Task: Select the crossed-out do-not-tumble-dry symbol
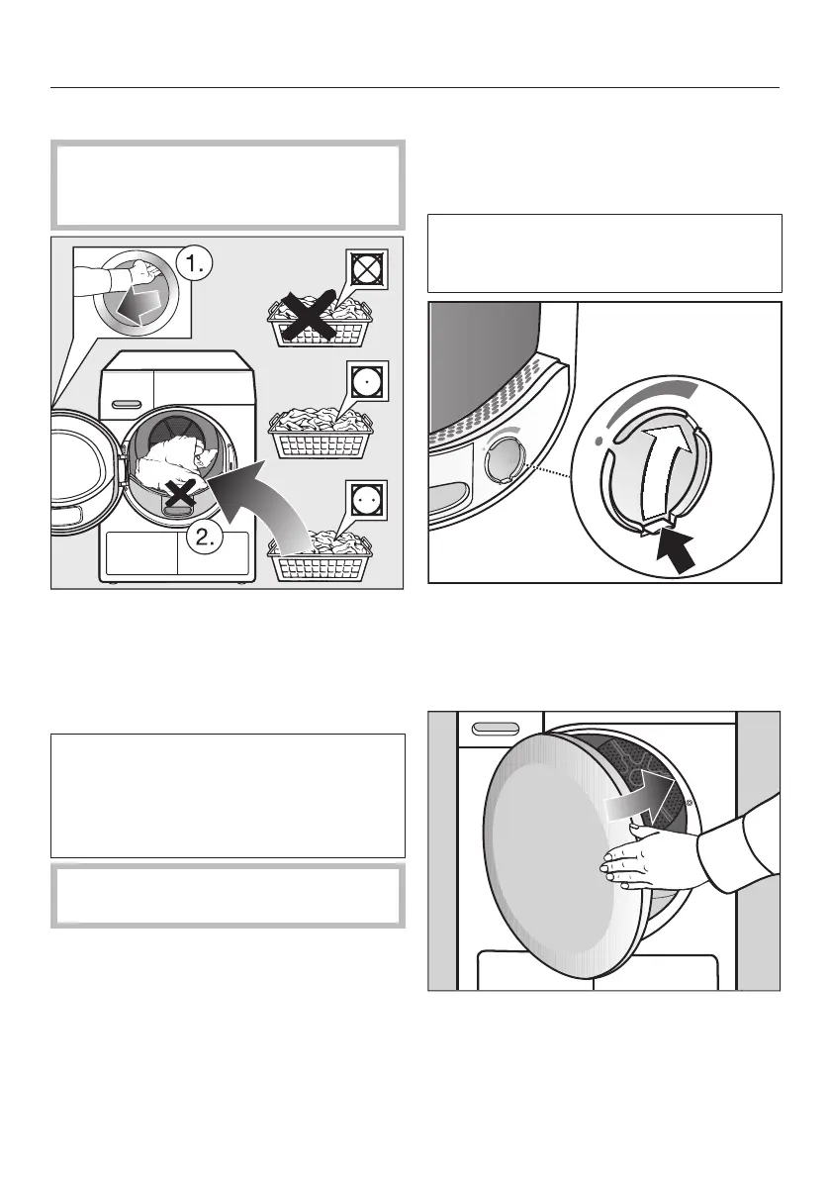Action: coord(368,268)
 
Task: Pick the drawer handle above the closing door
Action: coord(497,728)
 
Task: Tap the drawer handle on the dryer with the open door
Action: coord(128,402)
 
